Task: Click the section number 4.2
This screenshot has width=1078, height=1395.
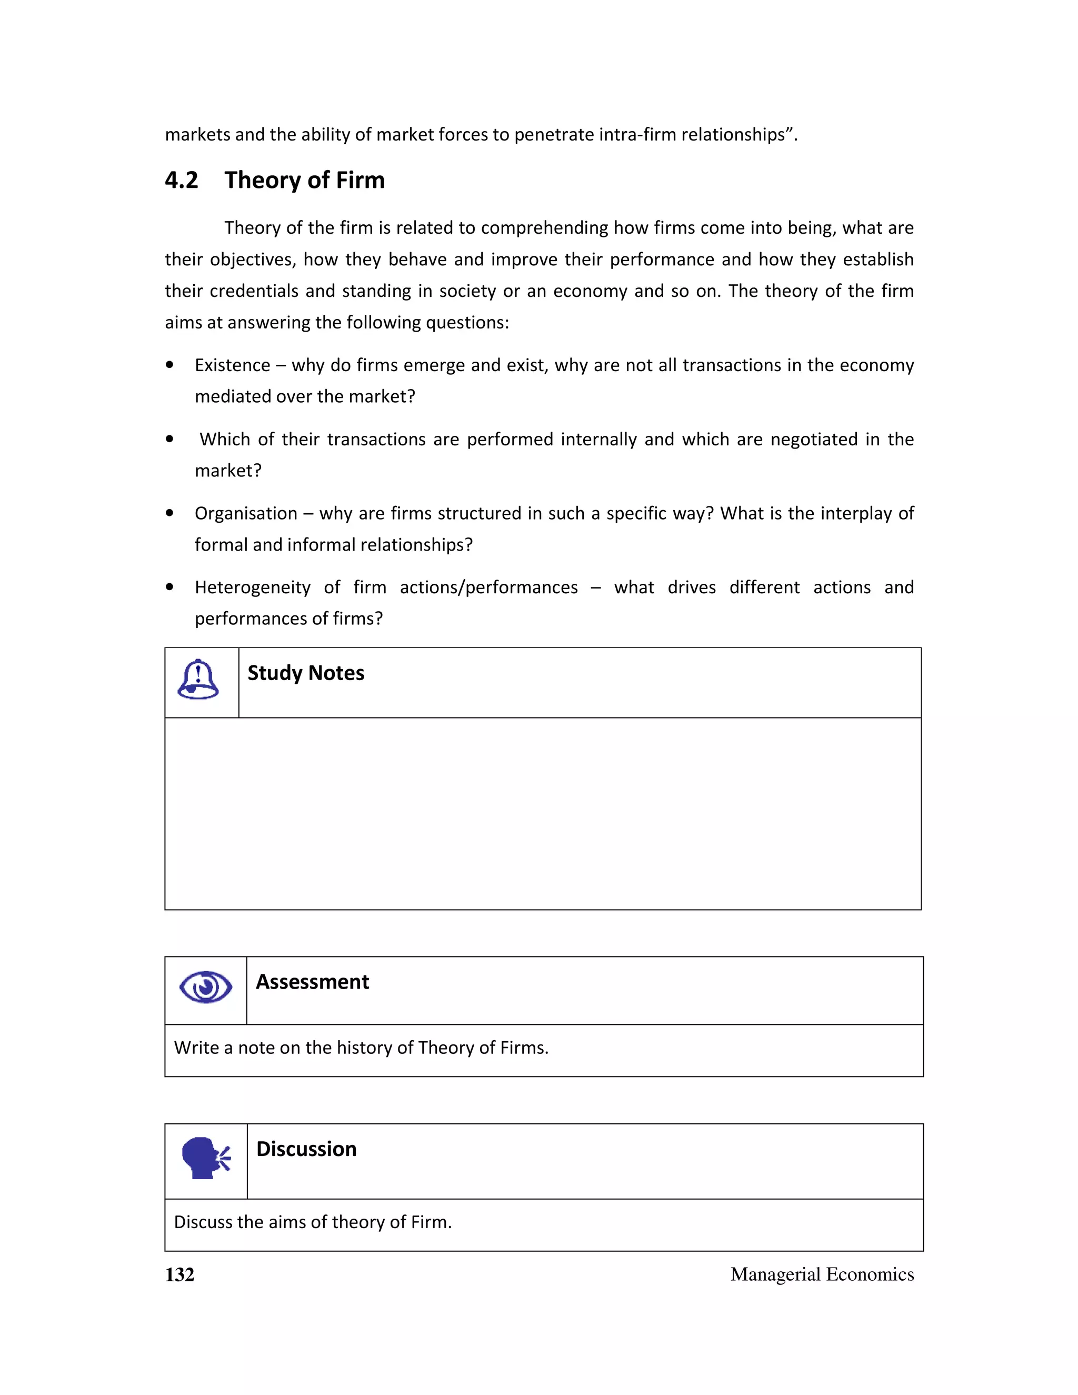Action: click(x=182, y=180)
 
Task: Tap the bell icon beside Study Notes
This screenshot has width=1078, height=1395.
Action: click(x=198, y=680)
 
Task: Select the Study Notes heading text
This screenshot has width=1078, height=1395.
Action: click(x=306, y=673)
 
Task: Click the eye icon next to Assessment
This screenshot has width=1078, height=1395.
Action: click(x=206, y=987)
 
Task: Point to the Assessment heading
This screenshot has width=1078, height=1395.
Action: click(x=312, y=982)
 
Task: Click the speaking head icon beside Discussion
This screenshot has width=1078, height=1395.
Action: click(x=206, y=1158)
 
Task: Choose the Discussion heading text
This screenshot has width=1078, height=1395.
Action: click(x=306, y=1149)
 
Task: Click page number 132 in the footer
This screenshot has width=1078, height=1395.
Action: click(x=179, y=1274)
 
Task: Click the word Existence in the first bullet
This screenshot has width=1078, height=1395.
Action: click(x=233, y=365)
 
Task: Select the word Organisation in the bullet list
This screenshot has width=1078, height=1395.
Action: click(x=246, y=514)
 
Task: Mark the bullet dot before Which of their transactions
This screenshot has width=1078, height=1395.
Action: click(x=169, y=439)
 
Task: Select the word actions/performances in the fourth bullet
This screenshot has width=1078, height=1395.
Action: click(x=488, y=587)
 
